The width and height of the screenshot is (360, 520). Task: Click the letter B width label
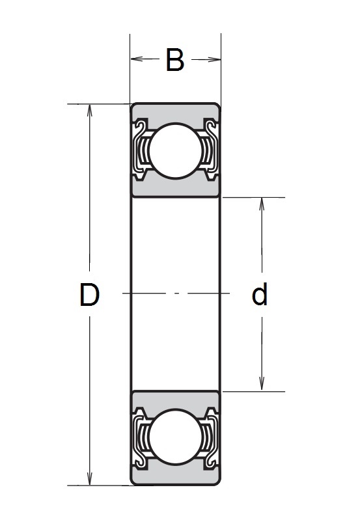pos(175,60)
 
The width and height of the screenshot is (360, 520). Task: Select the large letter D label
pos(89,295)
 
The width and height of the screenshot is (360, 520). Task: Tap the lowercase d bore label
pos(259,295)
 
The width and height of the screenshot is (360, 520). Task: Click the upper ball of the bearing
pos(175,150)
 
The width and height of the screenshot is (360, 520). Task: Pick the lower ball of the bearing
pos(175,438)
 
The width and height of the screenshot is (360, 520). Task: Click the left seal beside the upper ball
pos(140,149)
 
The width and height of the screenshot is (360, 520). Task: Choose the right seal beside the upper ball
pos(210,149)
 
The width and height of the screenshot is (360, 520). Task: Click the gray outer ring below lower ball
pos(175,477)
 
